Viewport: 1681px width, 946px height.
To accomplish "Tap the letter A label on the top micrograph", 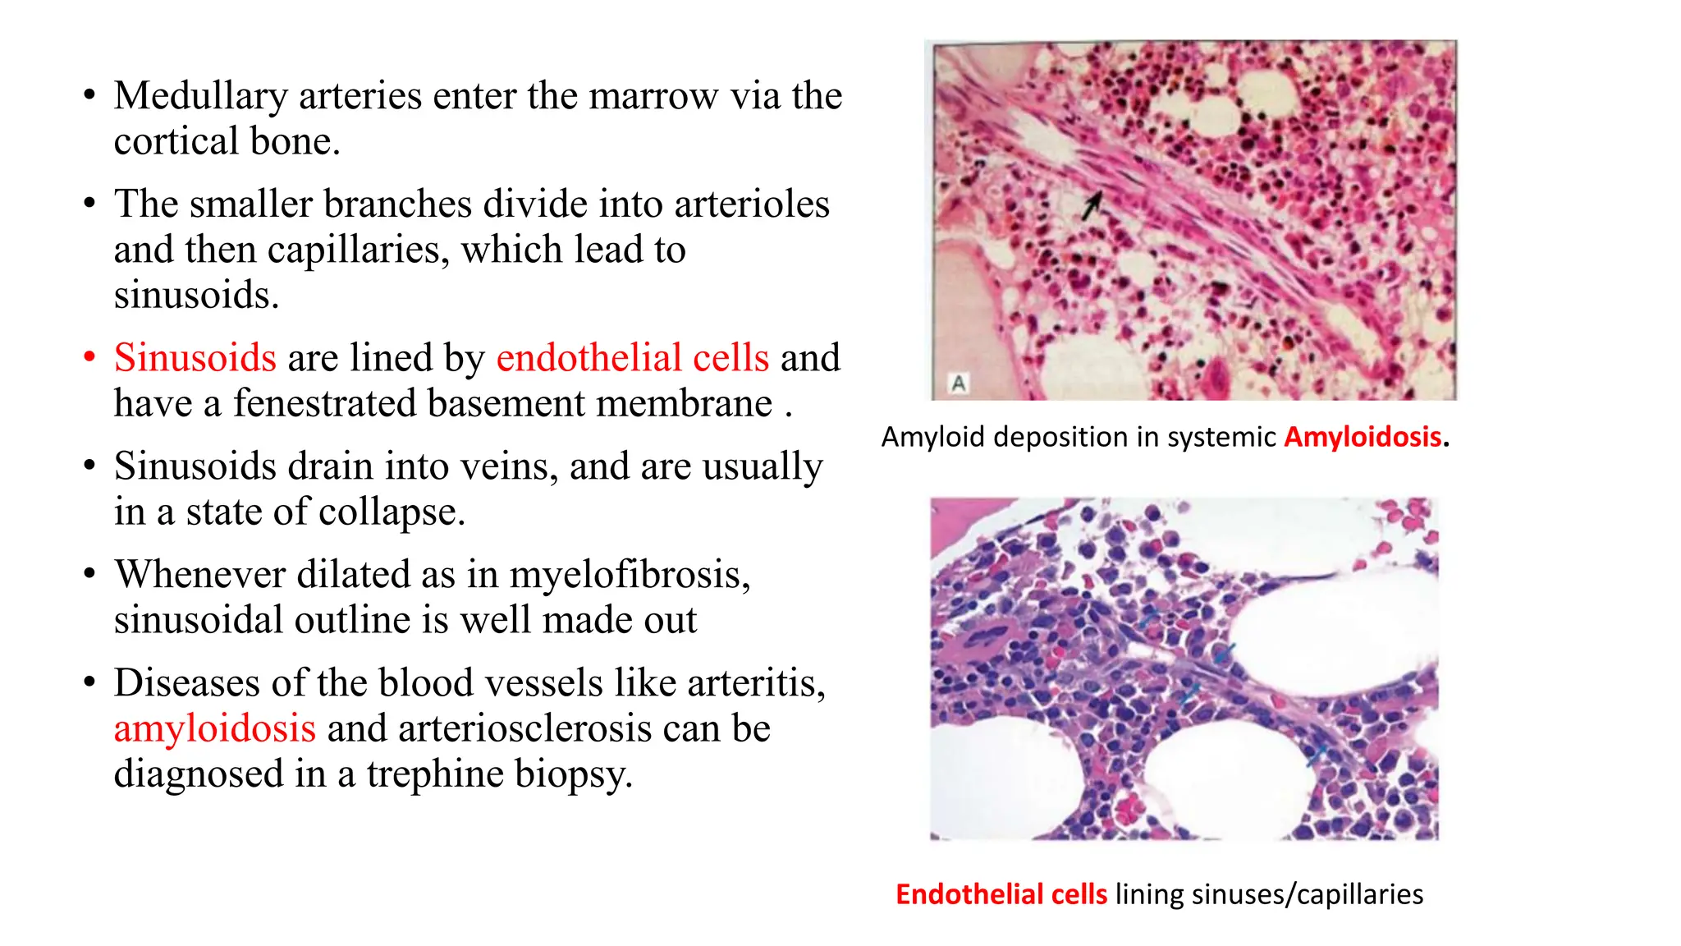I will click(x=959, y=383).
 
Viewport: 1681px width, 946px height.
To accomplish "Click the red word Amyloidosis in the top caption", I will click(x=1363, y=437).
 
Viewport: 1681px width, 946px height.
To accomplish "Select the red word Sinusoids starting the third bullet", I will click(x=195, y=358).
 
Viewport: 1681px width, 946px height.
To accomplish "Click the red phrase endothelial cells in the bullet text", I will click(x=633, y=358).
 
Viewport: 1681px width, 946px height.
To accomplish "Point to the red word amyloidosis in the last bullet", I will click(x=215, y=728).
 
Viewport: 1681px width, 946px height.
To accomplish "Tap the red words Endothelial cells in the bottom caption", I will click(x=1001, y=894).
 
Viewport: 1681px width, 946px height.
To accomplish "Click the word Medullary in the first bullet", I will click(x=201, y=96).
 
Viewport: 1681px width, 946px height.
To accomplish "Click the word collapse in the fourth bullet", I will click(x=388, y=512).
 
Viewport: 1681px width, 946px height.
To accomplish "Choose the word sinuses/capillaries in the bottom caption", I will click(x=1308, y=894).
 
